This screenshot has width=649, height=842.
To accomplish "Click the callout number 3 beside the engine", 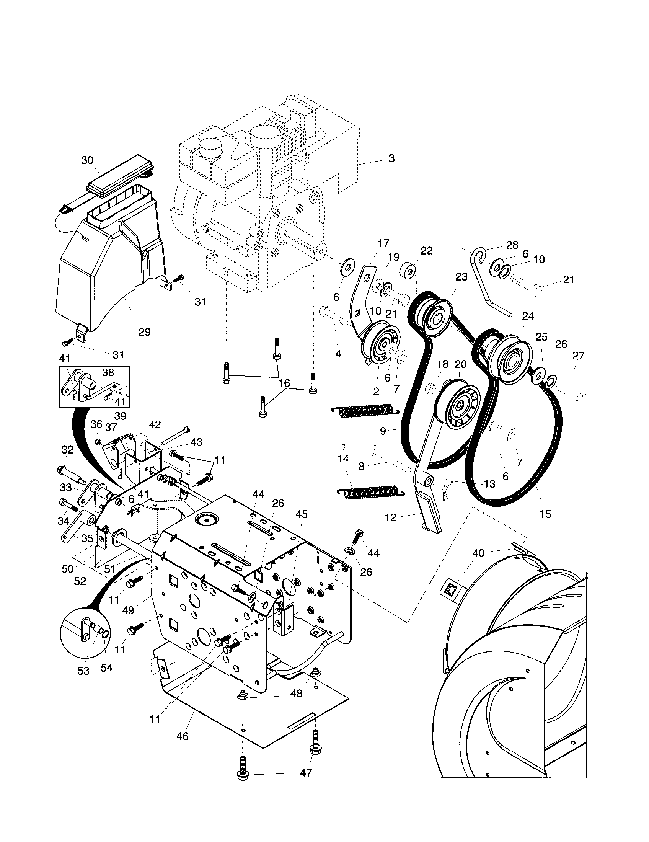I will coord(391,158).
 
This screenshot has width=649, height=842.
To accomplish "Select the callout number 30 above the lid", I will coord(88,160).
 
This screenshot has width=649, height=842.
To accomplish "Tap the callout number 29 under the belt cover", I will coord(144,331).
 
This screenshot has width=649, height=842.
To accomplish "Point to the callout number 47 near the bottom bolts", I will coord(306,773).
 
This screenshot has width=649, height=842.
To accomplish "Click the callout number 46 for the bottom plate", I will coord(182,736).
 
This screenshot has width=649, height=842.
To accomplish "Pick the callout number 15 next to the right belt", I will coord(546,514).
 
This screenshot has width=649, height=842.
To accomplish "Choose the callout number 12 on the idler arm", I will coord(390,517).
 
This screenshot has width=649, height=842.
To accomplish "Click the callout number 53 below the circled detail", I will coord(83,671).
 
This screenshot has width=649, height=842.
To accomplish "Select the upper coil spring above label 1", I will coord(363,411).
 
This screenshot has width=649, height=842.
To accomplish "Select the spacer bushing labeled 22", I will coord(409,270).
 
